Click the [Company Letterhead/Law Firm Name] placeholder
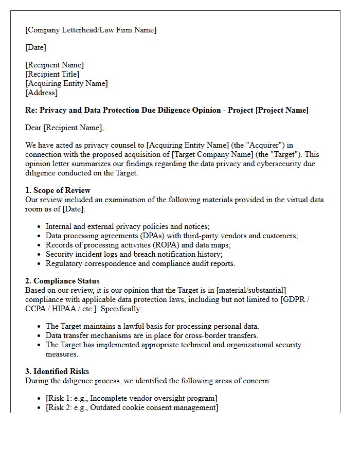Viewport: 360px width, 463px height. pyautogui.click(x=91, y=30)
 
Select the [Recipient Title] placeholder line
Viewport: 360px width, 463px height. pyautogui.click(x=52, y=74)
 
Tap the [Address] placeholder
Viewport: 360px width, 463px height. pyautogui.click(x=41, y=93)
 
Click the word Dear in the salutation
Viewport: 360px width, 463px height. pyautogui.click(x=33, y=128)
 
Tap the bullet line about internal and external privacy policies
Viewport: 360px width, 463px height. pyautogui.click(x=128, y=226)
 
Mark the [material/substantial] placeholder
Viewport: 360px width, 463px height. pyautogui.click(x=247, y=290)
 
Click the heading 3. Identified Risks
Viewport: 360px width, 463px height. pyautogui.click(x=57, y=371)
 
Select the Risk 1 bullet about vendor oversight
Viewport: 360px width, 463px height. pyautogui.click(x=131, y=398)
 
